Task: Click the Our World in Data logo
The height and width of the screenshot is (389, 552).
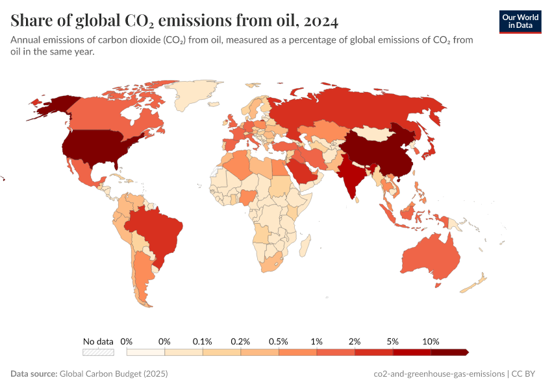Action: tap(520, 21)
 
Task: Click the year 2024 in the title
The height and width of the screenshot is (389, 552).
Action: tap(320, 21)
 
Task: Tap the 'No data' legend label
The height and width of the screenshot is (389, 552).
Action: tap(98, 341)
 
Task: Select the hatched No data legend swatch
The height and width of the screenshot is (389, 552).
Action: tap(98, 352)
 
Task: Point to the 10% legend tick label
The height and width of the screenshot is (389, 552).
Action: tap(431, 341)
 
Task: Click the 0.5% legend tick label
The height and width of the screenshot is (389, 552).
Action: tap(279, 341)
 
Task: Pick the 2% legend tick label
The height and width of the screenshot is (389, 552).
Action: tap(355, 341)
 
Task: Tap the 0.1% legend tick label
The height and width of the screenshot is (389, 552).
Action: tap(203, 341)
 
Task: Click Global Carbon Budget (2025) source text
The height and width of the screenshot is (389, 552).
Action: tap(114, 374)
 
